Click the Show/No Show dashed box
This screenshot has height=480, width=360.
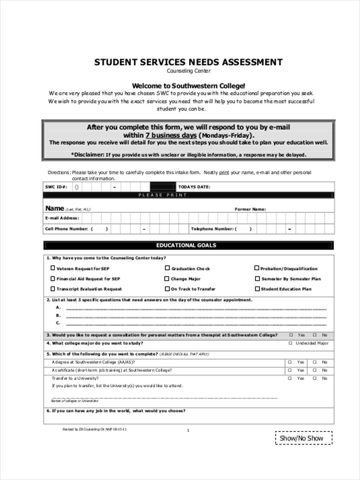(x=304, y=438)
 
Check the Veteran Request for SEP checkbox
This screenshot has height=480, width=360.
(x=53, y=268)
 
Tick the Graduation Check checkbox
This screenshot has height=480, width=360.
(x=168, y=268)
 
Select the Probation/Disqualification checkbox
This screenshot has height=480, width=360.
(x=257, y=268)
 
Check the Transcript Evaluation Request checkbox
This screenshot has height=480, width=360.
(x=53, y=289)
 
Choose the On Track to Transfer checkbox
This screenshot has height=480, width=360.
(x=167, y=289)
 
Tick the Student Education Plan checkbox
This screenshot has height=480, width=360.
(x=257, y=289)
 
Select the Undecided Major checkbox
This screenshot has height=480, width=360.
(x=290, y=343)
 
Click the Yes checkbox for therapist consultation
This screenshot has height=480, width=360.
(x=291, y=335)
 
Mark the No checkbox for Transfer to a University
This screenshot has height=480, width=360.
(x=315, y=378)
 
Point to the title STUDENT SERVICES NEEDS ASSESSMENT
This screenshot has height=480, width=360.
(x=188, y=62)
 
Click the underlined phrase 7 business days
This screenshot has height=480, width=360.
(x=171, y=135)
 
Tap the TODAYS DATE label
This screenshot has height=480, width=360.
(x=194, y=187)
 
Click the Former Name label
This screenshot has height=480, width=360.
(x=250, y=209)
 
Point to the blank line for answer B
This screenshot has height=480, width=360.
(x=196, y=316)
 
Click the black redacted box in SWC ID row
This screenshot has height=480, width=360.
(x=163, y=186)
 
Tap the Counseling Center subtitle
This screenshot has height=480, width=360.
(x=188, y=71)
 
